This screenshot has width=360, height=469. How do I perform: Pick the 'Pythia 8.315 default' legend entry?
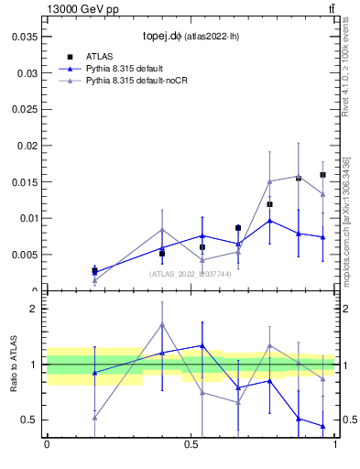point(129,69)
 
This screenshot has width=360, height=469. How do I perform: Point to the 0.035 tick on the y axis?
point(24,37)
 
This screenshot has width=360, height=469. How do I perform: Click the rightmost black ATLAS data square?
point(322,175)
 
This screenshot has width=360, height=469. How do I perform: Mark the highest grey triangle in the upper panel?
point(299,176)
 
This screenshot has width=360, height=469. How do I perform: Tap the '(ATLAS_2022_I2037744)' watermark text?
point(191,273)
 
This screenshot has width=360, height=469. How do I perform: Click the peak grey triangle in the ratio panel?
point(162,324)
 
